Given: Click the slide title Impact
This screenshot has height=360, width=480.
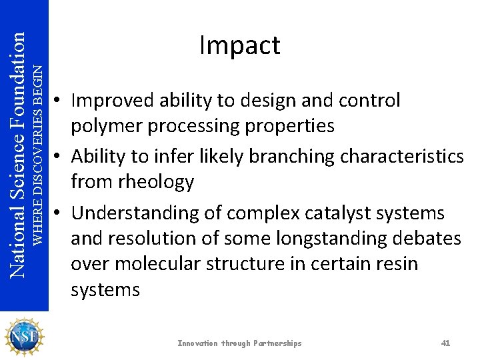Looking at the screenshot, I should (239, 45).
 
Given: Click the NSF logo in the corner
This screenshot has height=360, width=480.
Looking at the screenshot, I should (24, 336).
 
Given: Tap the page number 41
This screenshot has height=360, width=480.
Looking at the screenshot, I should (446, 343).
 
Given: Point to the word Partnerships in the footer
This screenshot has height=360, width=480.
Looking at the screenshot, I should (277, 343).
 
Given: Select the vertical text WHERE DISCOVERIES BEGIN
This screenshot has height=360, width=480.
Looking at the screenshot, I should (39, 153).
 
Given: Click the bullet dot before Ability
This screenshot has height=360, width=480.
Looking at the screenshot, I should (59, 157).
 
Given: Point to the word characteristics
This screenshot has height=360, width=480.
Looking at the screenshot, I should (402, 156).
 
